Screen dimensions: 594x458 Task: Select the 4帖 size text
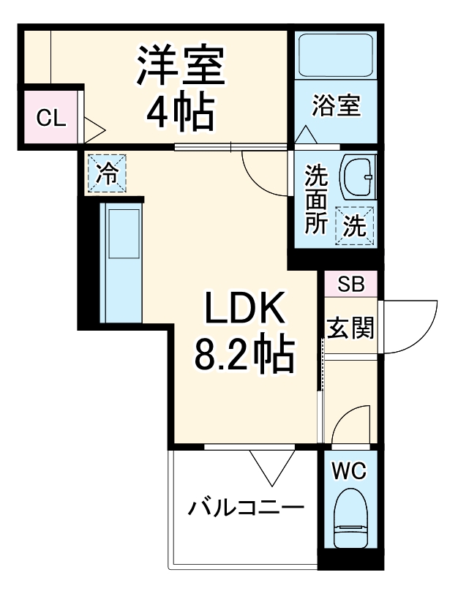point(180,111)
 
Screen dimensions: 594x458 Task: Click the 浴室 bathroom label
point(337,105)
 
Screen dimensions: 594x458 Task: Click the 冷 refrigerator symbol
point(107,173)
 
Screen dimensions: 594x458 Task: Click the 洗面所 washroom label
point(316,199)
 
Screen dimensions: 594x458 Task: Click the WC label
point(350,469)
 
